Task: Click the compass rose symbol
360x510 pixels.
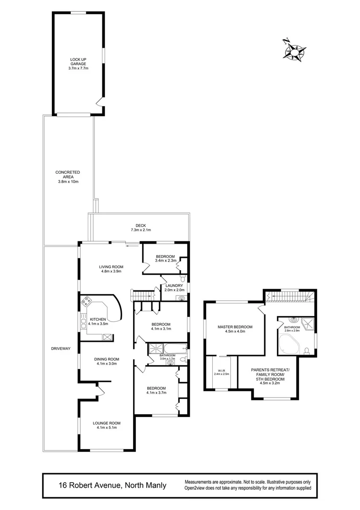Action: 293,50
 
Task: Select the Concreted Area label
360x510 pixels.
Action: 67,177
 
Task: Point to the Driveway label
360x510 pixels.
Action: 61,348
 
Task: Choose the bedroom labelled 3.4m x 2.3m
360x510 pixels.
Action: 166,258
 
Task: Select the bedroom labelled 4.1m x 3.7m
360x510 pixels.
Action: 156,390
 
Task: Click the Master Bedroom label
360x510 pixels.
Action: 234,329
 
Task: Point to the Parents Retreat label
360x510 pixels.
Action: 273,373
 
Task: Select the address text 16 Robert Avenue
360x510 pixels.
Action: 112,485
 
